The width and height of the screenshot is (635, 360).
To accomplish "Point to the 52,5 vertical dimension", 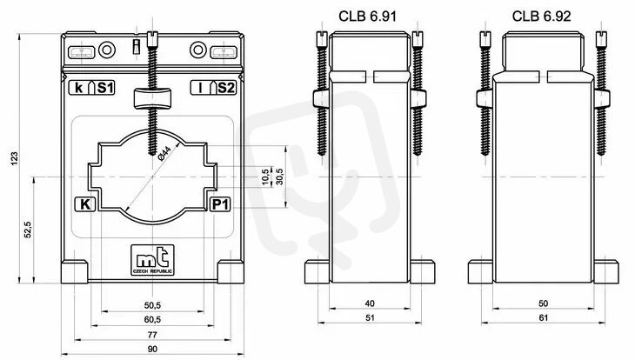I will tap(27, 230).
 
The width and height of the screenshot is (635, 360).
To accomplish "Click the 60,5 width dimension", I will tap(153, 319).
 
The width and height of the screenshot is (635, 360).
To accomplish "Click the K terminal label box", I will tap(84, 205).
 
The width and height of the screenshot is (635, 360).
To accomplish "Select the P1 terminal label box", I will tap(220, 205).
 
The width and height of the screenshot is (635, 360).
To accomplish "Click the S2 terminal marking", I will tap(224, 87).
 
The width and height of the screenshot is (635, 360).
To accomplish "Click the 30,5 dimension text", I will tap(278, 176).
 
